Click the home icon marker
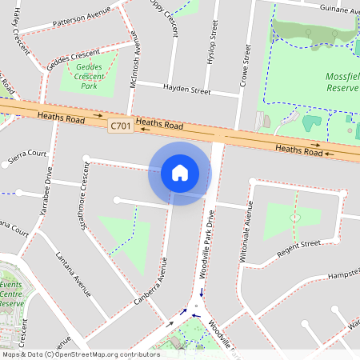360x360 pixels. click(180, 173)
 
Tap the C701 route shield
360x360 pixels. click(121, 126)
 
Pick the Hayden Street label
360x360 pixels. click(186, 90)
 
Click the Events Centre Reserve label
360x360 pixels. click(12, 294)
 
